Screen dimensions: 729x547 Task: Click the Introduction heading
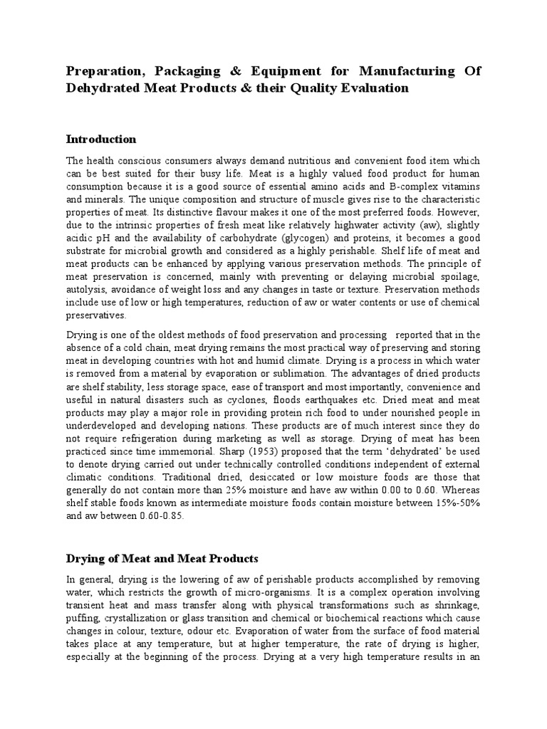click(x=100, y=139)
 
